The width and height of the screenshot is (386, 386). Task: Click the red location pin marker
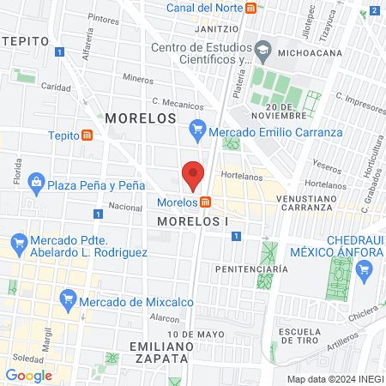point(193,174)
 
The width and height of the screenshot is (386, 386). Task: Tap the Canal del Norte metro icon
point(250,9)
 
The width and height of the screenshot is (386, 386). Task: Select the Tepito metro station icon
point(87,136)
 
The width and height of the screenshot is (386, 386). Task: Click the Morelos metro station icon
point(206,202)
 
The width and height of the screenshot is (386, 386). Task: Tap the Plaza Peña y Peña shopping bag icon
point(36,184)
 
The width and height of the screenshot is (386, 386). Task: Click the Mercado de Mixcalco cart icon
point(67,299)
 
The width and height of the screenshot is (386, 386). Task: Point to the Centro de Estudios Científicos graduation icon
point(262,53)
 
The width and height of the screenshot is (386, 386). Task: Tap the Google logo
point(28,375)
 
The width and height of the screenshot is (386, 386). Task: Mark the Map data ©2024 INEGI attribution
point(335,378)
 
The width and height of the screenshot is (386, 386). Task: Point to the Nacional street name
point(124,207)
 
